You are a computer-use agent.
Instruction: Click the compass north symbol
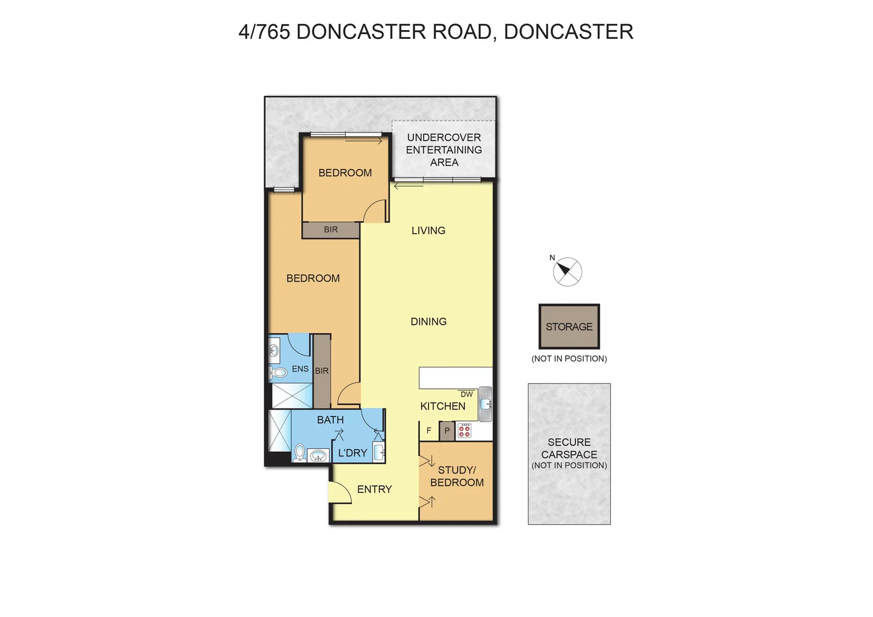click(567, 271)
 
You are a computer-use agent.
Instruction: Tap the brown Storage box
click(569, 326)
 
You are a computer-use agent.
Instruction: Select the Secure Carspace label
click(569, 448)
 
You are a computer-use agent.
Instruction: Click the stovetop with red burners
click(464, 431)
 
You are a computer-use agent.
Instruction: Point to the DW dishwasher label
click(466, 394)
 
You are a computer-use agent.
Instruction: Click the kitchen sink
click(485, 404)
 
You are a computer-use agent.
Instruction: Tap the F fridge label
click(429, 431)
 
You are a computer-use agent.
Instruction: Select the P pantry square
click(447, 431)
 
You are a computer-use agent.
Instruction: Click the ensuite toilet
click(278, 373)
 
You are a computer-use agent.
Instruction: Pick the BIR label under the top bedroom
click(331, 230)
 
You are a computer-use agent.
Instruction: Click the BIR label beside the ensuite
click(322, 371)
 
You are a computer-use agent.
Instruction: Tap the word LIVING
click(428, 230)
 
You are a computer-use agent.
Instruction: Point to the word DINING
click(429, 322)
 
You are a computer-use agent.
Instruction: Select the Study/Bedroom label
click(456, 476)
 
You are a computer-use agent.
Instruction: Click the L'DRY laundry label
click(353, 453)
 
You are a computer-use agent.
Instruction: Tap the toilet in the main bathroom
click(299, 452)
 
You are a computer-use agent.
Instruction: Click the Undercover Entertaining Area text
click(444, 150)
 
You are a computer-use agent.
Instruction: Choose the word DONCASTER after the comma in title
click(568, 32)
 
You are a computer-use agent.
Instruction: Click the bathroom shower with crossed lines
click(280, 430)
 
